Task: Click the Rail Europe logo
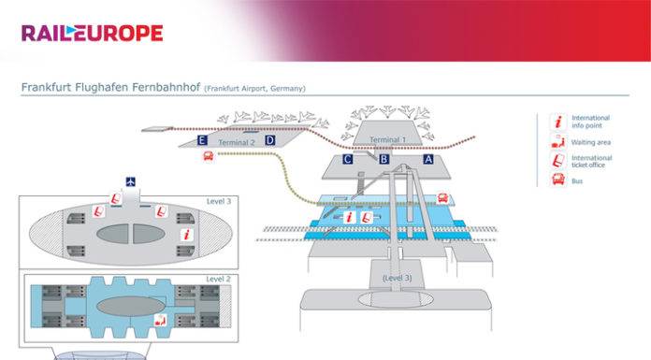coord(92,34)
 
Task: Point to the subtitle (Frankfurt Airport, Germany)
coord(253,90)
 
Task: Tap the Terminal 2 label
coord(237,142)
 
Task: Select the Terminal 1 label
coord(389,139)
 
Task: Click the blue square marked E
coord(203,141)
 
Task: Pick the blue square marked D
coord(269,140)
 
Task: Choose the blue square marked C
coord(347,160)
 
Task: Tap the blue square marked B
coord(383,160)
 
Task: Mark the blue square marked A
coord(428,160)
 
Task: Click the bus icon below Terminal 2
coord(208,158)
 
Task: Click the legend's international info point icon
coord(558,120)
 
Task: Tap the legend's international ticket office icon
coord(557,161)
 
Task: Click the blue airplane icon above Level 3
coord(130,181)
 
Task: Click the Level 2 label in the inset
coord(217,279)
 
